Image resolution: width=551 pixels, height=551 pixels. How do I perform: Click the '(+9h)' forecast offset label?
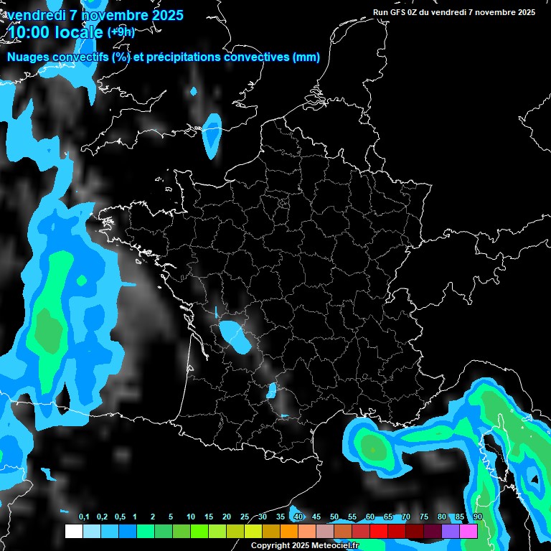(121, 32)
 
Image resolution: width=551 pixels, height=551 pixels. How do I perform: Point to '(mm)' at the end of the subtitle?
(306, 57)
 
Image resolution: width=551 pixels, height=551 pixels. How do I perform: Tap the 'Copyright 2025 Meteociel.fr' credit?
(304, 545)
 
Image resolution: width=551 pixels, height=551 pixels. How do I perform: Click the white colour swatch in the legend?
(73, 532)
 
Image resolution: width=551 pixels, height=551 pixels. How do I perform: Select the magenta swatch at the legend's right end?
(468, 532)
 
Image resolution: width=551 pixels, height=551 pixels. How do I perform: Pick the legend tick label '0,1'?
(84, 517)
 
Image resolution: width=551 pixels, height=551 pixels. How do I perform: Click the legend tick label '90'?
(478, 517)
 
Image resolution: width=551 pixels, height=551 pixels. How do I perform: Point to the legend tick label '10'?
(191, 517)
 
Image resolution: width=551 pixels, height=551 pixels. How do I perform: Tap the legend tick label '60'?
(370, 517)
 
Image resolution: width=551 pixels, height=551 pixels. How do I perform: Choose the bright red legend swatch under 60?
(379, 532)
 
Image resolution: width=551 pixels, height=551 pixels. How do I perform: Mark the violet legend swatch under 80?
(451, 532)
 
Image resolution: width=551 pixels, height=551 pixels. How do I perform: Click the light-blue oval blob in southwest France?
(235, 336)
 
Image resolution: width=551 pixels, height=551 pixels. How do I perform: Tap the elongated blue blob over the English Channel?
(212, 134)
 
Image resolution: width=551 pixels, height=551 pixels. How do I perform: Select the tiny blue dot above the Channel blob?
(193, 92)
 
